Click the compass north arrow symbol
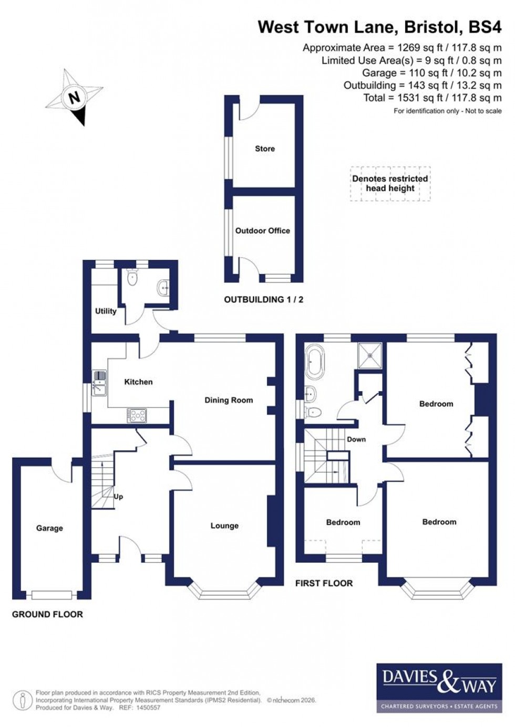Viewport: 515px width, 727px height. (x=75, y=98)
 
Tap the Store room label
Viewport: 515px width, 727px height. (x=265, y=149)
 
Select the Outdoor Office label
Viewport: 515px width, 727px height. (x=262, y=230)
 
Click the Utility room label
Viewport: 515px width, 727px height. (x=106, y=311)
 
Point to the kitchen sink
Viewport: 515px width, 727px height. (x=99, y=383)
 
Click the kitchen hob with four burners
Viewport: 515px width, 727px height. (x=137, y=415)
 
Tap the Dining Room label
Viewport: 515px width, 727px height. (x=229, y=400)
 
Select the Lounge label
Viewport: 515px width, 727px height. (x=224, y=525)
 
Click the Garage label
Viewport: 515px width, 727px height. (x=49, y=528)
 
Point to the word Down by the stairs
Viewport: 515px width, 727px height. (x=356, y=439)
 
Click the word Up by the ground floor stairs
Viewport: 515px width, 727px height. (x=118, y=497)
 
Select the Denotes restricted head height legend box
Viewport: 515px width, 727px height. (x=390, y=184)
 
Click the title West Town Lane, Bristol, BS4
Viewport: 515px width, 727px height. (x=379, y=27)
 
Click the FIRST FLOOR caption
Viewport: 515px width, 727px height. (x=324, y=583)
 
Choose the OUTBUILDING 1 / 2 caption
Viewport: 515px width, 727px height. (x=264, y=300)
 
